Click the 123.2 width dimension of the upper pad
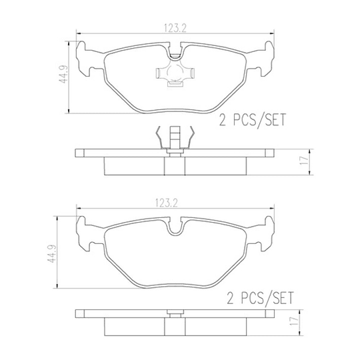pyautogui.click(x=175, y=28)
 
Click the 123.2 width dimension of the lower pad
pyautogui.click(x=166, y=203)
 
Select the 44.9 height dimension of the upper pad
pyautogui.click(x=63, y=74)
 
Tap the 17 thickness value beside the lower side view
pyautogui.click(x=294, y=321)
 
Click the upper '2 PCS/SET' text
pyautogui.click(x=253, y=120)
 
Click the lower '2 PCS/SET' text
pyautogui.click(x=261, y=298)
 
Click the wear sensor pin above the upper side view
pyautogui.click(x=175, y=138)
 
